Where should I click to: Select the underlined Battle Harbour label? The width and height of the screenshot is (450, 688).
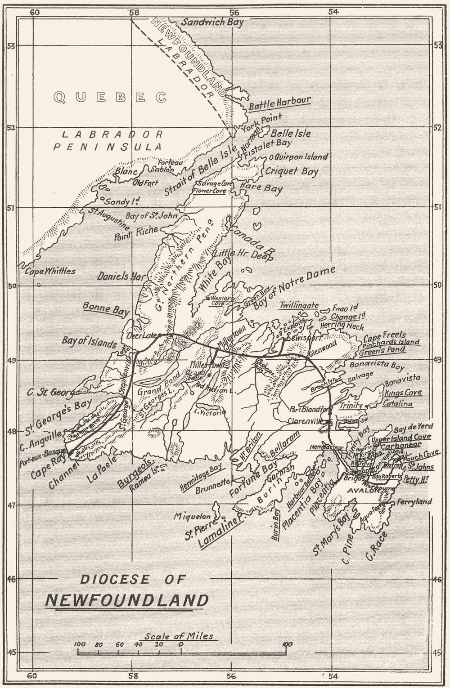(279, 103)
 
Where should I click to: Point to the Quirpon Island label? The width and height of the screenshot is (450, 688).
(301, 157)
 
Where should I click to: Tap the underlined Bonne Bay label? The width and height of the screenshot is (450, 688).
(106, 309)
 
